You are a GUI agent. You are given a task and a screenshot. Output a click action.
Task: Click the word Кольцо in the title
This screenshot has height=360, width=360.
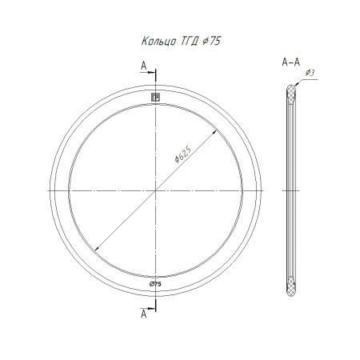(x=158, y=42)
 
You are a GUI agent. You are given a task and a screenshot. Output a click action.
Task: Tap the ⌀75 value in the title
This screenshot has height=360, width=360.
(x=212, y=41)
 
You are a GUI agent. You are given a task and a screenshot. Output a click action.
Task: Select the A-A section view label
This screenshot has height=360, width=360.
(x=291, y=62)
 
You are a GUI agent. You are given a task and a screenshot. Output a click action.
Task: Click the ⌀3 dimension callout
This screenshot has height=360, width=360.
(x=310, y=73)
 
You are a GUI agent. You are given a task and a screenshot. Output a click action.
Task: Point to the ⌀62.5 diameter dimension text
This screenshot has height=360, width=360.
(x=183, y=154)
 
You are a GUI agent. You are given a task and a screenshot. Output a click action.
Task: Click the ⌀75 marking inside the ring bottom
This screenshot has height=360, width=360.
(x=155, y=284)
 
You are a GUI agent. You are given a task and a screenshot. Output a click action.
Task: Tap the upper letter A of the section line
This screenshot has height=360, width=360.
(x=144, y=66)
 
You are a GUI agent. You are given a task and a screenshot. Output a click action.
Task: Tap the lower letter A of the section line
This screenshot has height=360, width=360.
(x=144, y=314)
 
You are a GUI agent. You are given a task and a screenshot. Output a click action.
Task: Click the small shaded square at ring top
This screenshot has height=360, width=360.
(x=155, y=98)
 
